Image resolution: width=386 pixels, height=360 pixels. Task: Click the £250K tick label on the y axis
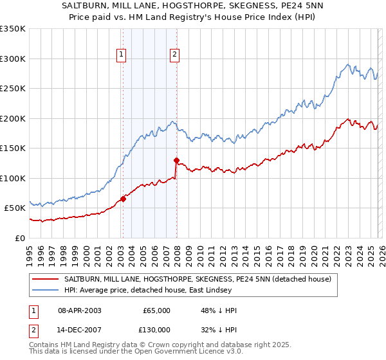coord(13,89)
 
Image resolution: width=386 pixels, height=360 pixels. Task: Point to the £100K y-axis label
coord(13,178)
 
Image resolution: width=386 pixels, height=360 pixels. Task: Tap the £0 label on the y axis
coord(21,238)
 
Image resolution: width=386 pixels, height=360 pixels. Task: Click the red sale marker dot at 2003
coord(123,199)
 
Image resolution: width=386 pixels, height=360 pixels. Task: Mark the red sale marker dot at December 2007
coord(176,160)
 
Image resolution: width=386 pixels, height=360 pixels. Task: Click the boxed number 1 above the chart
coord(122,55)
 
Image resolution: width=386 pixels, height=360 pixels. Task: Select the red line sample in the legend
coord(46,279)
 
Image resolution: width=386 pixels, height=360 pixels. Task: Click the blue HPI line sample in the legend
coord(46,290)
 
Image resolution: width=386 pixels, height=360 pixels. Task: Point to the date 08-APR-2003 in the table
coord(80,310)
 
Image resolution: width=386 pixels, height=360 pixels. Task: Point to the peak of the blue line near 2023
coord(347,64)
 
